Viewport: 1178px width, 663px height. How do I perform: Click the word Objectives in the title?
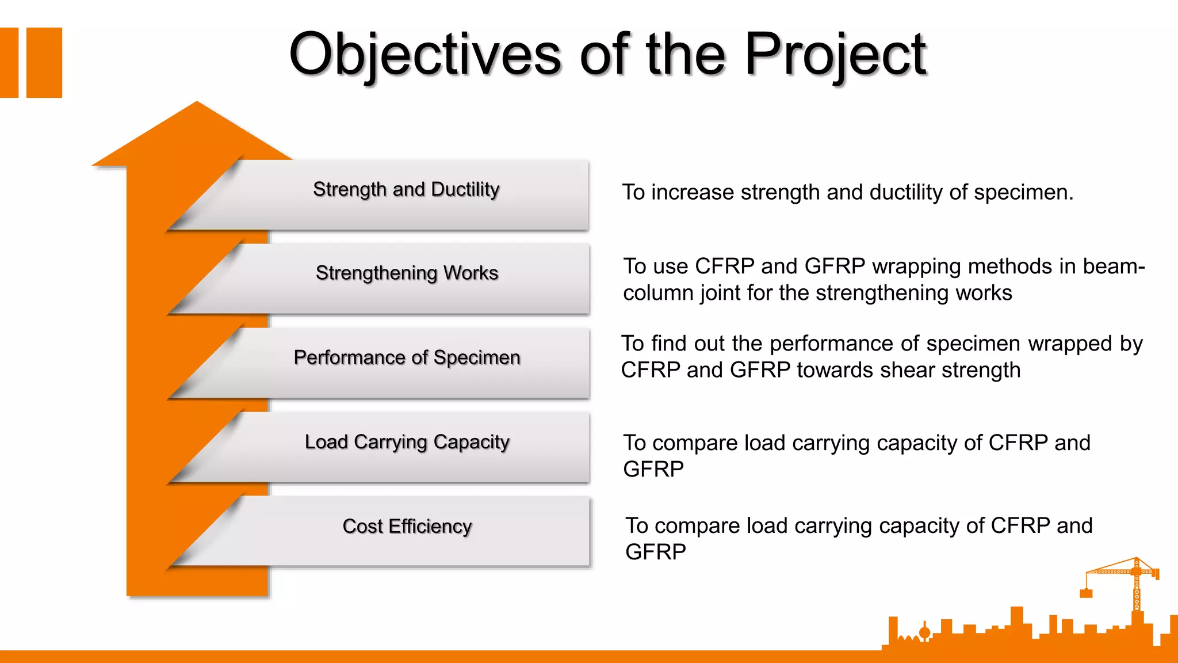click(x=424, y=55)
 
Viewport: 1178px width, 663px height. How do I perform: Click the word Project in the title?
click(x=835, y=55)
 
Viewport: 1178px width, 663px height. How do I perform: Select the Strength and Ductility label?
click(x=406, y=189)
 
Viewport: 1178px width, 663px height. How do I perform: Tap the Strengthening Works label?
click(x=407, y=273)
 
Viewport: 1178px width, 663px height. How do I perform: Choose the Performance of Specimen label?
click(x=407, y=357)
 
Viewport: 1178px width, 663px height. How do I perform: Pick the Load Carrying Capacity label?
click(x=407, y=442)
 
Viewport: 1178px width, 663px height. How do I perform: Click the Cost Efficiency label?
click(x=407, y=526)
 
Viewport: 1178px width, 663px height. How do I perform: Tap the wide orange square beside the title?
click(x=44, y=62)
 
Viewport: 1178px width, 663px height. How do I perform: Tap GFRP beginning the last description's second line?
click(x=655, y=552)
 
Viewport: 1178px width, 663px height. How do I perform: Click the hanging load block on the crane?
click(x=1086, y=593)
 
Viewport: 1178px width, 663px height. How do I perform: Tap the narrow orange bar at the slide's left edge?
click(x=9, y=62)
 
